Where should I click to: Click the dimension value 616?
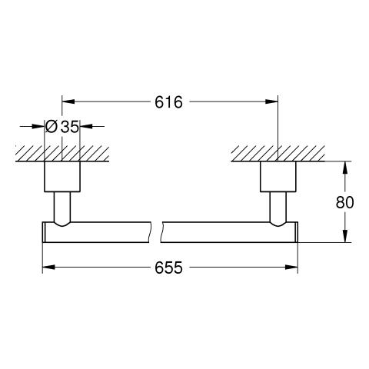click(x=168, y=102)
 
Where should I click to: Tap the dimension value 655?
click(x=168, y=268)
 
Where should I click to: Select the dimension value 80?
click(x=344, y=202)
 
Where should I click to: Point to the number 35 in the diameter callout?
click(x=69, y=127)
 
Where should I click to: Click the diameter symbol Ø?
click(x=51, y=126)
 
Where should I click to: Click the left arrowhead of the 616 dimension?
click(x=68, y=101)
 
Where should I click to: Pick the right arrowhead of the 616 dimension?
click(x=271, y=101)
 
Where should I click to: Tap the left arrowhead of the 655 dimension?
click(x=48, y=268)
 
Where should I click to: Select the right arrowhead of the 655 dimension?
click(x=291, y=268)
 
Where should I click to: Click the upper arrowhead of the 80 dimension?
click(x=345, y=168)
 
